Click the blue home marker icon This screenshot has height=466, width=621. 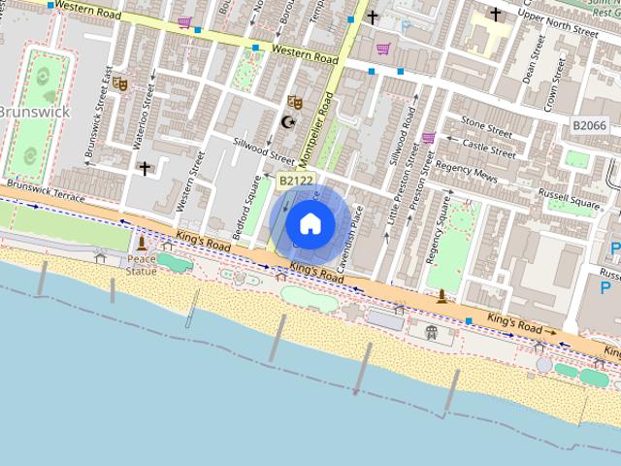pyautogui.click(x=310, y=224)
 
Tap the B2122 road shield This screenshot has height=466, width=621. pyautogui.click(x=296, y=181)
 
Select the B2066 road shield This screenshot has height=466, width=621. pyautogui.click(x=589, y=126)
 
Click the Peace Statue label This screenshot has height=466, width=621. pyautogui.click(x=141, y=264)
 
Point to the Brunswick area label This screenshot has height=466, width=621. pyautogui.click(x=34, y=112)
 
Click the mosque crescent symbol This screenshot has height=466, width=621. pyautogui.click(x=287, y=121)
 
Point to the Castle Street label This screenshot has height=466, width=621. pyautogui.click(x=488, y=147)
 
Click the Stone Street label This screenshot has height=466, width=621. pyautogui.click(x=486, y=126)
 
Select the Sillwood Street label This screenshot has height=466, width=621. pyautogui.click(x=264, y=152)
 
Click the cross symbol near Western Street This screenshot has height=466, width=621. pyautogui.click(x=145, y=169)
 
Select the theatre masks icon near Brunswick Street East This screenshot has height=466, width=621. pyautogui.click(x=120, y=84)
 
